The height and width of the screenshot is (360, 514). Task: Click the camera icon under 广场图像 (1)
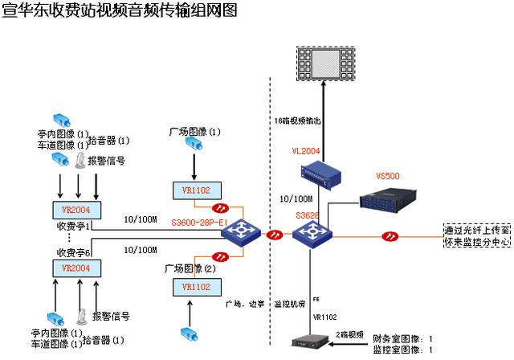194,145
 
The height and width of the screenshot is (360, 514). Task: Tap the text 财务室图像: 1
404,340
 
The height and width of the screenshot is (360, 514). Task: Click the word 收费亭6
71,252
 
